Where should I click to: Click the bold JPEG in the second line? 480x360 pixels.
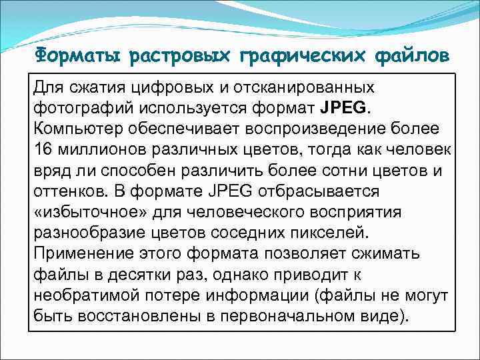[342, 107]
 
